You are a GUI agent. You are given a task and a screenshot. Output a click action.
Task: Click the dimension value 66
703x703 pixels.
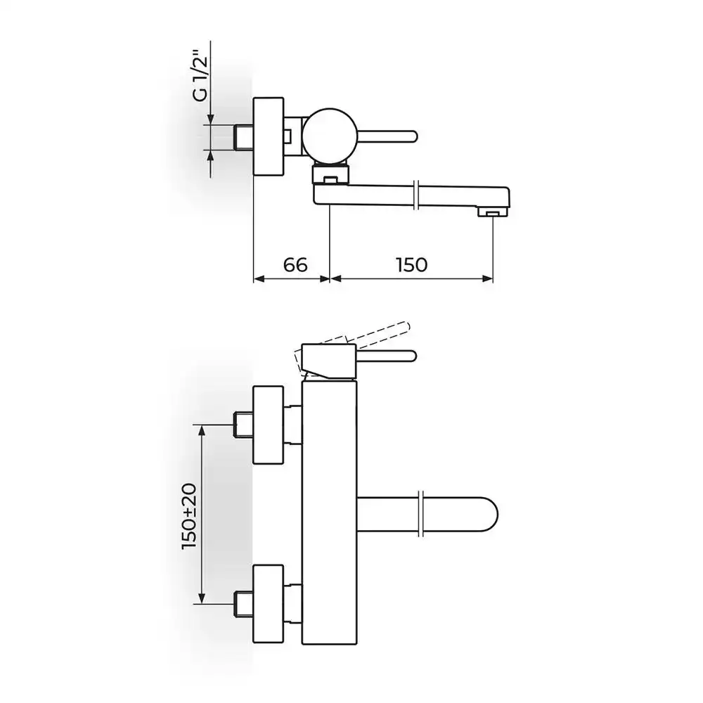295,265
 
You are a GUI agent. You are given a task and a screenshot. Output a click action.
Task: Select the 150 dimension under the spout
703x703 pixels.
411,265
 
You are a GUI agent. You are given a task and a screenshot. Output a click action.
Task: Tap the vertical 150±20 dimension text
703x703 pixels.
189,516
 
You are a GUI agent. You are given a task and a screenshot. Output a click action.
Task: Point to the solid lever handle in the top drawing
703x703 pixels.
387,136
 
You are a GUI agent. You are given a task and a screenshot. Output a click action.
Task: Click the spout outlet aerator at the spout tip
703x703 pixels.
493,212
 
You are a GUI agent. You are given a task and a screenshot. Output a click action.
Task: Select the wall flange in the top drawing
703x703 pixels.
269,136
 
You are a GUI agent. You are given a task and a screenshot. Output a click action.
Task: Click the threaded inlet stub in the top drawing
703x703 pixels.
243,137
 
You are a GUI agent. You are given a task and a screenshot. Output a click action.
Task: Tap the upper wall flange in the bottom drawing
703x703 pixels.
269,425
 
